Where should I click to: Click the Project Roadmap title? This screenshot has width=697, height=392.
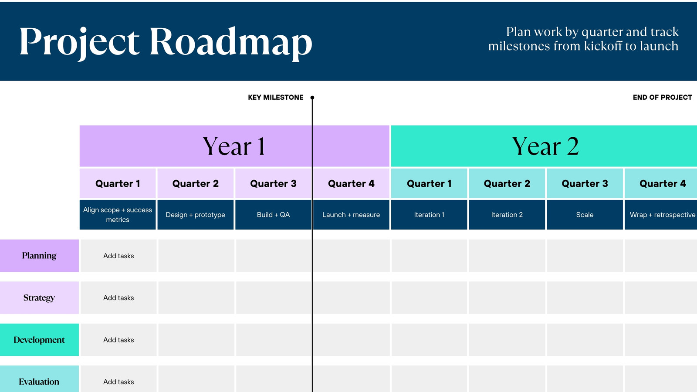point(166,42)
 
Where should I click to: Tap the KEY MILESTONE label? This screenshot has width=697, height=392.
point(275,98)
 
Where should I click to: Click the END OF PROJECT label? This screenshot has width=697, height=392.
point(662,98)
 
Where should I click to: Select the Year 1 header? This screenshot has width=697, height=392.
point(234,146)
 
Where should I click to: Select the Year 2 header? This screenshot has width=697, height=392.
point(545,146)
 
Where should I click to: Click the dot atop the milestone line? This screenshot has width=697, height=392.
point(312,98)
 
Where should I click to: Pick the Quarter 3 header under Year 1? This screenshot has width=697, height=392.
point(273,184)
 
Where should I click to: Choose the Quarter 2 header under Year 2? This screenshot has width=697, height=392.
point(507,184)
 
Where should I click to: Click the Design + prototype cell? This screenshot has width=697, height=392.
point(196,215)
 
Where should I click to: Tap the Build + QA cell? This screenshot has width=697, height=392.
point(273,215)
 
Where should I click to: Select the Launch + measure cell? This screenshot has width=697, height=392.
point(351,215)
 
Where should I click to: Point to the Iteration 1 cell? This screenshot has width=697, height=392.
point(429,215)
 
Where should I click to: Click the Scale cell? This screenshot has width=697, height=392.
point(585,215)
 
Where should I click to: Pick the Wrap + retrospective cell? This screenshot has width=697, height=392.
point(662,215)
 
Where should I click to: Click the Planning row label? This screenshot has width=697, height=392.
point(39,256)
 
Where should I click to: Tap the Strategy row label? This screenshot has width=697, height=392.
point(39,298)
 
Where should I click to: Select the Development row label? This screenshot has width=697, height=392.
point(39,340)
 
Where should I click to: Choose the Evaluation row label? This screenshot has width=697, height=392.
point(39,382)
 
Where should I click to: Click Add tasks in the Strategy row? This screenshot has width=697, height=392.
point(118,298)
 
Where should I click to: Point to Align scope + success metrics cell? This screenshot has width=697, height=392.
point(118,215)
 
